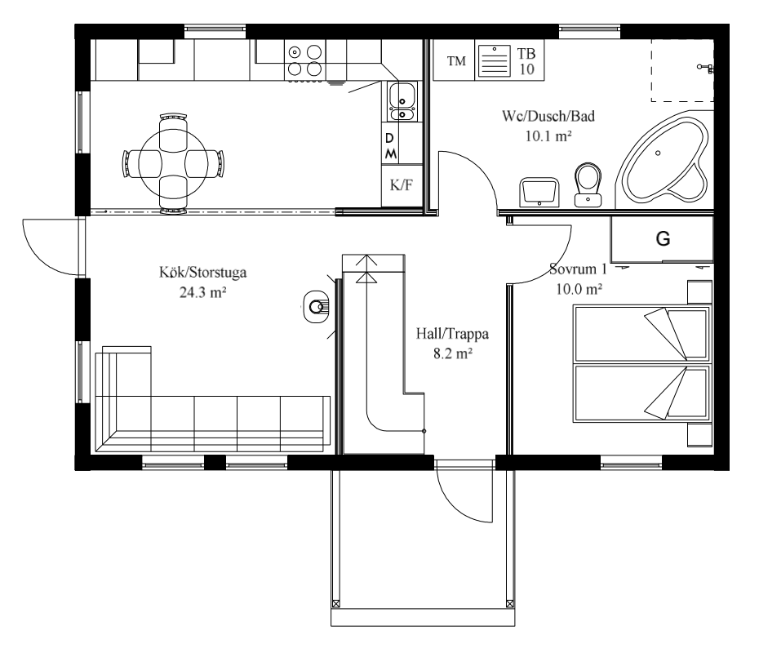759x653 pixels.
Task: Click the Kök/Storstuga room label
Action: tap(203, 272)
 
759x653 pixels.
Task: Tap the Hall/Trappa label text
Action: tap(452, 334)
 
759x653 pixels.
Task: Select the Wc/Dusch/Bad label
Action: tap(548, 116)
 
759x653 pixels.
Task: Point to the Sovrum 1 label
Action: tap(578, 269)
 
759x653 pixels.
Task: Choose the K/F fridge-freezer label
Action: tap(402, 185)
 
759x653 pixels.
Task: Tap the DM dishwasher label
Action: tap(390, 146)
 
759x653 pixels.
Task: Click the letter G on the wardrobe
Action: tap(663, 238)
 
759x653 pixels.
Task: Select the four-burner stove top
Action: tap(305, 60)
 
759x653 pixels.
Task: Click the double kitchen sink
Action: tap(402, 101)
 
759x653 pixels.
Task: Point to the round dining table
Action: tap(173, 163)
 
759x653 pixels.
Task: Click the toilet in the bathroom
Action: tap(588, 184)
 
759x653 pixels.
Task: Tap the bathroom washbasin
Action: tap(539, 192)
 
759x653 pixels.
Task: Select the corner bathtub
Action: tap(663, 160)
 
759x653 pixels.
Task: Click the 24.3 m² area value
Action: tap(203, 292)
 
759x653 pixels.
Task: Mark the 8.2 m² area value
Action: tap(453, 353)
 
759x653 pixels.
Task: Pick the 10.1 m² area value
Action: tap(549, 136)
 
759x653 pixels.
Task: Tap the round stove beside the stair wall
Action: tap(317, 306)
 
